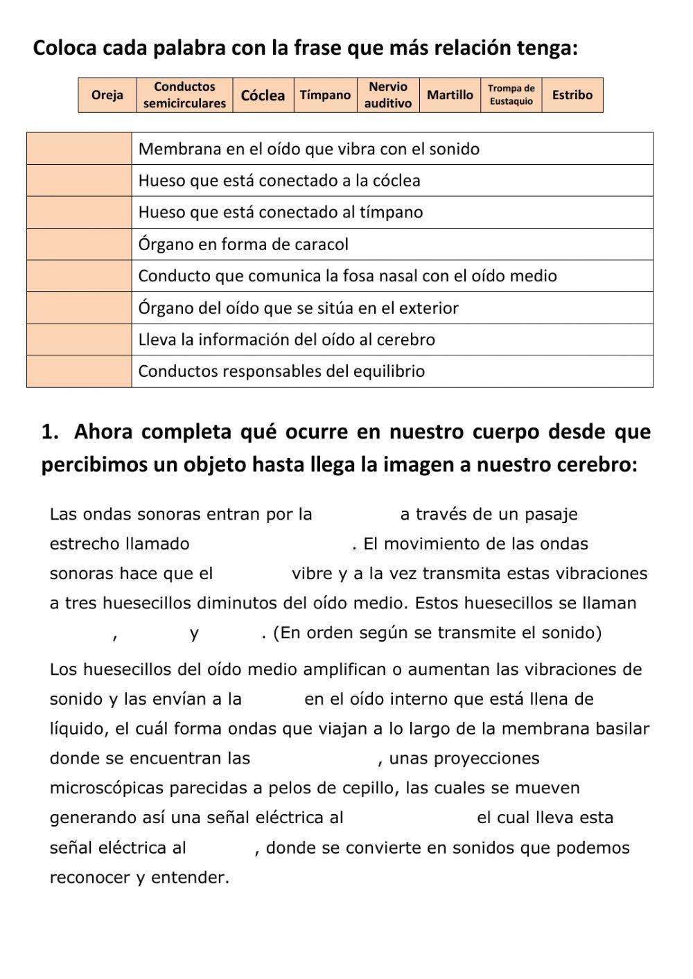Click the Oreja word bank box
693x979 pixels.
tap(107, 95)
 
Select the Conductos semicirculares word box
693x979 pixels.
tap(184, 95)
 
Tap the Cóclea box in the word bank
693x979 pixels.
tap(263, 95)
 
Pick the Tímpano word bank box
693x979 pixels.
tap(325, 95)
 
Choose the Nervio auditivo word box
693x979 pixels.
tap(388, 95)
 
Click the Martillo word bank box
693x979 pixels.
tap(450, 95)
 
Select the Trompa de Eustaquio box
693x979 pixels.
tap(511, 95)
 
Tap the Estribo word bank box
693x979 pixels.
tap(572, 95)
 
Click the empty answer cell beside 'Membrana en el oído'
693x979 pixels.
tap(79, 149)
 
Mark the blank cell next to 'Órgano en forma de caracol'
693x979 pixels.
tap(79, 244)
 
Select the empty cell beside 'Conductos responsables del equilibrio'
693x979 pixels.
tap(79, 371)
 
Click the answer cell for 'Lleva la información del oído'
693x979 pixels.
tap(79, 339)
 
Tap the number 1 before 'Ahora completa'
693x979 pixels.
tap(49, 432)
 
